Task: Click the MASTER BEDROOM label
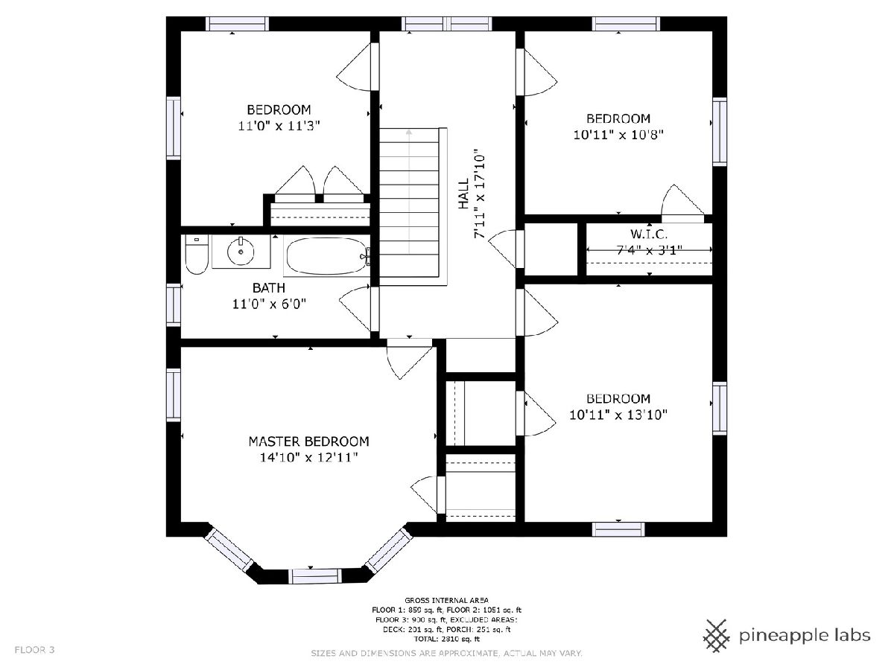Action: [308, 441]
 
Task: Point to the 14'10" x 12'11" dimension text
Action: [308, 458]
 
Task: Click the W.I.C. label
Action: [649, 234]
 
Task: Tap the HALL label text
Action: [463, 194]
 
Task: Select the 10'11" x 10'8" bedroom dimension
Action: [618, 135]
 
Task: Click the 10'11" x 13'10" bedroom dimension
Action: [618, 415]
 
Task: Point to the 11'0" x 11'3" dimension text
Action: [279, 126]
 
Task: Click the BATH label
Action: [269, 288]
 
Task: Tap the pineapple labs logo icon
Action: [717, 636]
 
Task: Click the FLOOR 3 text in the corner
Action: [34, 650]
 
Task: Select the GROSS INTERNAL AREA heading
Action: [447, 600]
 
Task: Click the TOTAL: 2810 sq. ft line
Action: [447, 639]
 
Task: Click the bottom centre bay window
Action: [314, 576]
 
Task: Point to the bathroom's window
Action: [174, 304]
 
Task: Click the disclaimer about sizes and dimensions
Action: [447, 654]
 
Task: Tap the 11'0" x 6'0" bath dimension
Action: [269, 304]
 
